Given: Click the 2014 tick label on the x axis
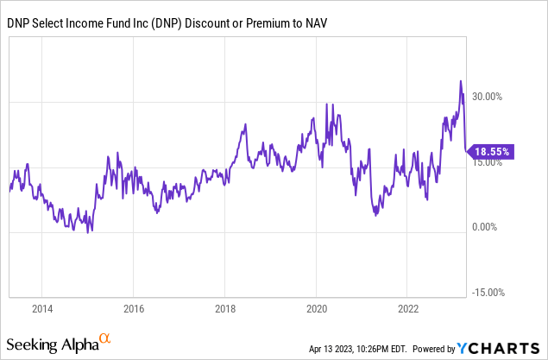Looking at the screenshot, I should (42, 308).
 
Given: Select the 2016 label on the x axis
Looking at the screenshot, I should (134, 308).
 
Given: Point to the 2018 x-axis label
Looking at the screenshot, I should (225, 308).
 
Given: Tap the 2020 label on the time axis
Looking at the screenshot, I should (317, 308).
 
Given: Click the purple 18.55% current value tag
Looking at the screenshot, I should (491, 151).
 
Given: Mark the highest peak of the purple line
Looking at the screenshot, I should (461, 81).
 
